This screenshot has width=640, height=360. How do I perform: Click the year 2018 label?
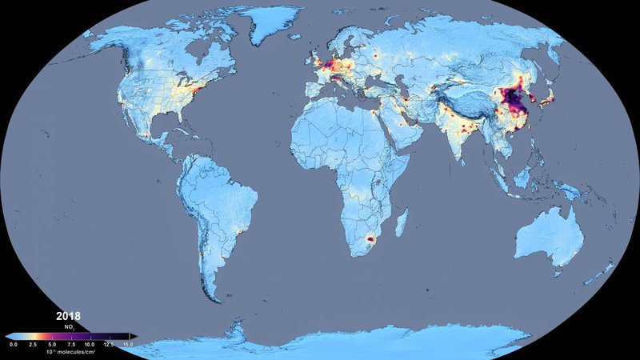point(68,316)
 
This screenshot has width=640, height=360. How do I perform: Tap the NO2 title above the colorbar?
point(71,328)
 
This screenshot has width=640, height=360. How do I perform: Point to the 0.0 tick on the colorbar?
point(14,343)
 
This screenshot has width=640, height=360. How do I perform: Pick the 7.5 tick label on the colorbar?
point(73,343)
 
